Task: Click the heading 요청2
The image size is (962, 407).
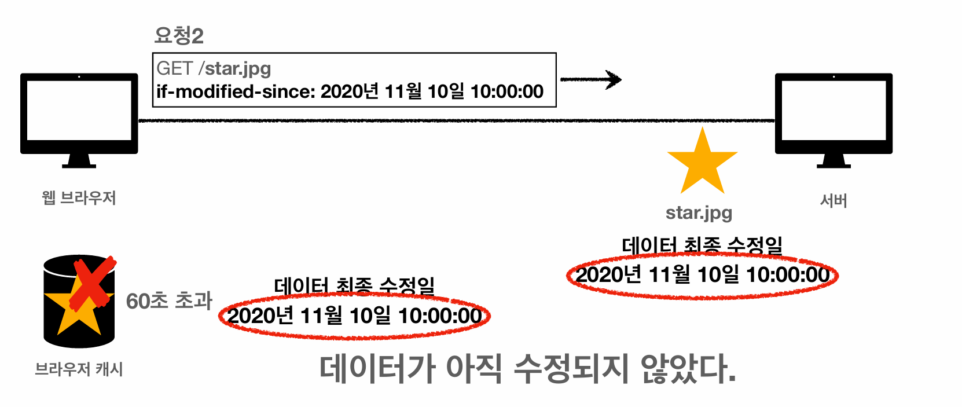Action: (179, 36)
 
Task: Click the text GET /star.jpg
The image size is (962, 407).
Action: (214, 68)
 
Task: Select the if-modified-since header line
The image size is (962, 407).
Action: (350, 91)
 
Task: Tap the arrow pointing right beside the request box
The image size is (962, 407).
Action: (592, 79)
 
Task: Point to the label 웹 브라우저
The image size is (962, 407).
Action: (79, 198)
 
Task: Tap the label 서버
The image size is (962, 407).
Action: (834, 201)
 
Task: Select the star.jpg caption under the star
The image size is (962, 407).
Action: (699, 213)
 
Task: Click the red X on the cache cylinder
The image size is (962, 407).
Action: (93, 284)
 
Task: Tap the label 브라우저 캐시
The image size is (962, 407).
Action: (79, 369)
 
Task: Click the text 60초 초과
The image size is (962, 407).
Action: (169, 301)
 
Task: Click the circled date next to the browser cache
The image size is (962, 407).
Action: (354, 316)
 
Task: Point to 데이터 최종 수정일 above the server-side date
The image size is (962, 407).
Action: (702, 245)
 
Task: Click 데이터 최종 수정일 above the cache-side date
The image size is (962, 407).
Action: (354, 286)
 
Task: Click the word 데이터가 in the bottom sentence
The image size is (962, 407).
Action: (377, 369)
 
